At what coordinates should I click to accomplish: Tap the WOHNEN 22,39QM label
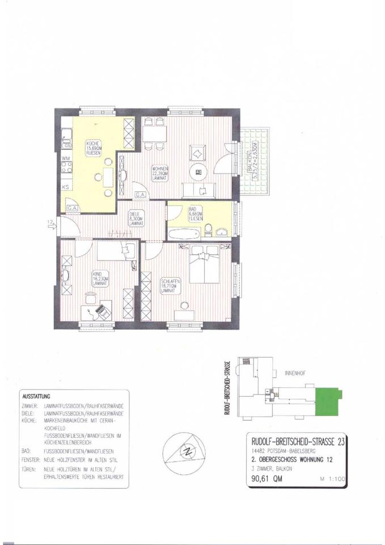[x=158, y=174]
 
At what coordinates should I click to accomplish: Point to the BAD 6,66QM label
[x=195, y=214]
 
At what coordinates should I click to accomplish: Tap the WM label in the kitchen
[x=65, y=158]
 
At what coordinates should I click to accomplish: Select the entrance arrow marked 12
[x=52, y=226]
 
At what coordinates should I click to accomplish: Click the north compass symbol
[x=185, y=452]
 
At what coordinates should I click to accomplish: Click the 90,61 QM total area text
[x=266, y=479]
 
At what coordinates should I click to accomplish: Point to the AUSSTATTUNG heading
[x=36, y=395]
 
